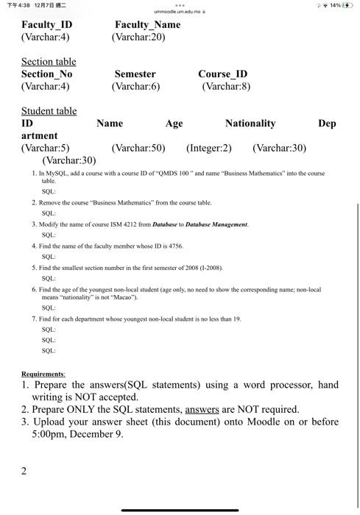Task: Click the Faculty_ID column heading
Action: pos(46,25)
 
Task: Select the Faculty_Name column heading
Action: pos(147,25)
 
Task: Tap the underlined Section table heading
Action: pos(49,62)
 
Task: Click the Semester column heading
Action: pos(135,74)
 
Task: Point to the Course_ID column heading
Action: pos(222,74)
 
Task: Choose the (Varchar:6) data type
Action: pos(136,87)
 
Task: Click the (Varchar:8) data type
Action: pos(227,87)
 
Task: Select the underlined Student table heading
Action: pos(49,111)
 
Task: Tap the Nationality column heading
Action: pos(250,124)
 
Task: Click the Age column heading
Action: pos(174,124)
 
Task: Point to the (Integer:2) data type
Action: pos(209,148)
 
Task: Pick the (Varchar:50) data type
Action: pos(138,148)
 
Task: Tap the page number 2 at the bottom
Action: pos(25,471)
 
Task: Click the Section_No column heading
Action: pos(46,74)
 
